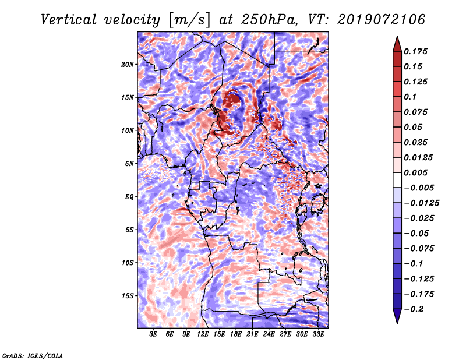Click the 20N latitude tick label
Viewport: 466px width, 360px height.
tap(128, 65)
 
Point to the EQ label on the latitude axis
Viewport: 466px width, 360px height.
tap(129, 197)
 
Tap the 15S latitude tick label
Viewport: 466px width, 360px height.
tap(128, 296)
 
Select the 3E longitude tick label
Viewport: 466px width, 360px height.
tap(153, 334)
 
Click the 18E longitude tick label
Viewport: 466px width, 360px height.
tap(236, 334)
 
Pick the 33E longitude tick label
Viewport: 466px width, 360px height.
tap(318, 334)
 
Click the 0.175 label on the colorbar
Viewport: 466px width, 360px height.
tap(415, 51)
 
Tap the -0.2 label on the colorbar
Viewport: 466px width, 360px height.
tap(414, 309)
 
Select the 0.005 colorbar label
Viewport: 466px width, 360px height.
tap(415, 172)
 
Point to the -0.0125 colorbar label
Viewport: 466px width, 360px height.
tap(421, 203)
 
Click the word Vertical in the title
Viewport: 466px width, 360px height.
tap(69, 20)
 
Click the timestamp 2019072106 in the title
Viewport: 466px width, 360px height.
tap(382, 20)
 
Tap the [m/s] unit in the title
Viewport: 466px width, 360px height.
tap(189, 20)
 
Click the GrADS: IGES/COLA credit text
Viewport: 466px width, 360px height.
tap(33, 356)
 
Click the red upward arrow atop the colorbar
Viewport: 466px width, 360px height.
tap(397, 44)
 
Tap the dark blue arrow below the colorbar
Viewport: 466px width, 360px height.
tap(397, 316)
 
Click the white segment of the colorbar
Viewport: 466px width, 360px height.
tap(397, 180)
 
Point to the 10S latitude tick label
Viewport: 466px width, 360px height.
tap(128, 263)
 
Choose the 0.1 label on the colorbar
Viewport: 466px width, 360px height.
tap(410, 97)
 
